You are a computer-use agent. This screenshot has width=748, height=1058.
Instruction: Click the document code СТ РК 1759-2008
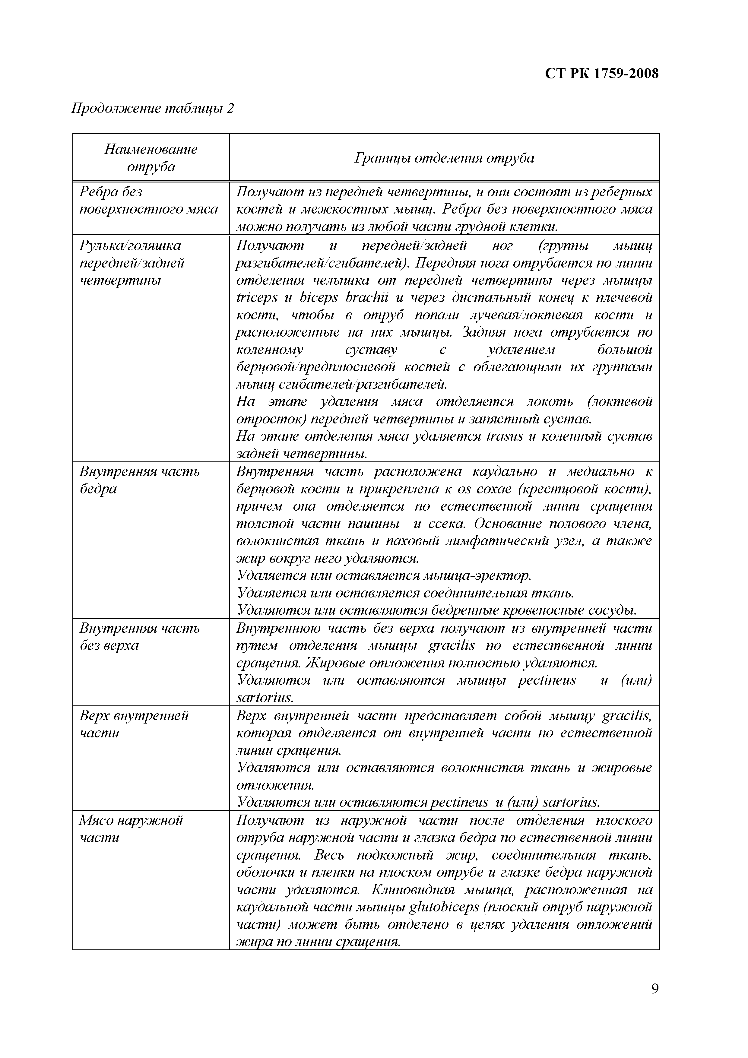point(601,73)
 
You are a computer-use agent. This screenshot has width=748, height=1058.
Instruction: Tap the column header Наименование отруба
point(151,158)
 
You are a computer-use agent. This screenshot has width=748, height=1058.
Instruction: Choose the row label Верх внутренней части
point(134,724)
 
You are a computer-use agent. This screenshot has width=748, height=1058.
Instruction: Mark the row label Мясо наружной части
point(131,828)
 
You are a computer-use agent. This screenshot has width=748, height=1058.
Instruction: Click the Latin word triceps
point(257,298)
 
